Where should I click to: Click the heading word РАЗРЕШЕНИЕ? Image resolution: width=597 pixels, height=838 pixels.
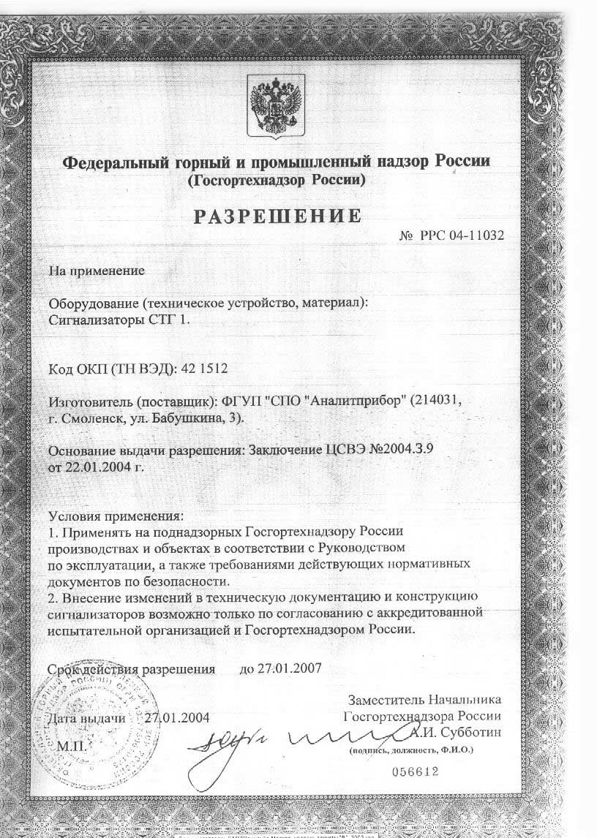coord(277,216)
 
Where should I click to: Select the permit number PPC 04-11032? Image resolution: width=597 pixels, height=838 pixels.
coord(462,235)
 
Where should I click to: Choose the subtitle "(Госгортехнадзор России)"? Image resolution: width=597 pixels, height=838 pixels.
coord(277,179)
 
